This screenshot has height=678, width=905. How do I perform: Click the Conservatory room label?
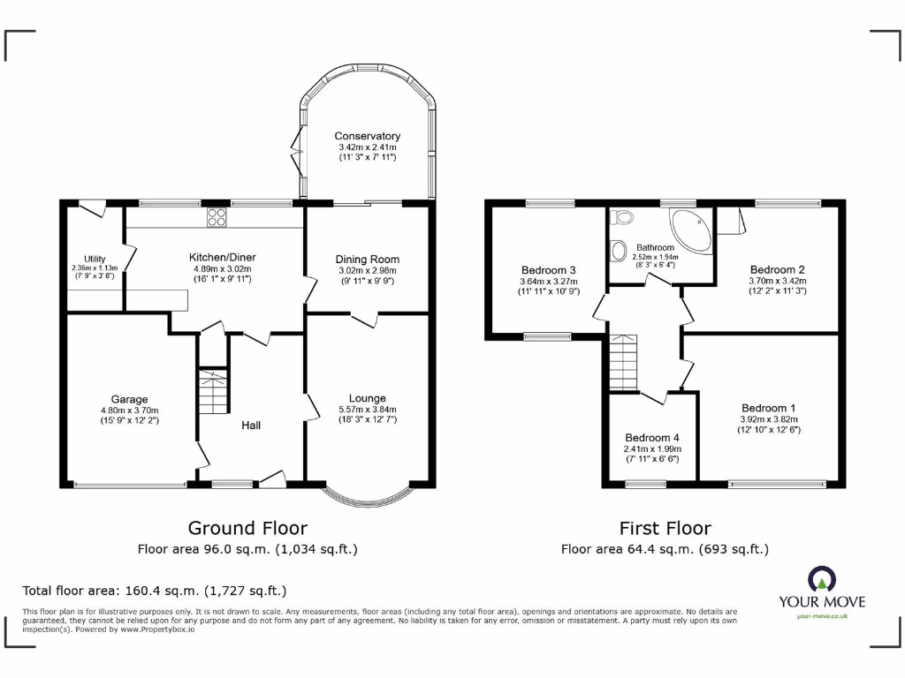[x=367, y=136]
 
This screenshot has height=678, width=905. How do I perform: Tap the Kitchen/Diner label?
[x=222, y=257]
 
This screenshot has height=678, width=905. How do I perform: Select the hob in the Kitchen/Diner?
[x=217, y=218]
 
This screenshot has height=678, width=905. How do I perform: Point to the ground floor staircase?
[x=212, y=393]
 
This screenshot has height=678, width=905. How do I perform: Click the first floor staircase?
[x=623, y=361]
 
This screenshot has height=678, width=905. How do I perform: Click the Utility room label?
[x=95, y=259]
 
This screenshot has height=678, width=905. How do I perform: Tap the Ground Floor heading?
[x=247, y=528]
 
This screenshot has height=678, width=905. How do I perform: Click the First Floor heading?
[x=665, y=528]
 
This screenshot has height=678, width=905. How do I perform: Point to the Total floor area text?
[x=154, y=591]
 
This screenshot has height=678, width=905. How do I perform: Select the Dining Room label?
[x=367, y=259]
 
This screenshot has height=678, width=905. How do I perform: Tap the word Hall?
[x=252, y=425]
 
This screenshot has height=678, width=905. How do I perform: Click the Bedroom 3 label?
[x=548, y=270]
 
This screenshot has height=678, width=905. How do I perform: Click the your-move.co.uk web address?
[x=822, y=616]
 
